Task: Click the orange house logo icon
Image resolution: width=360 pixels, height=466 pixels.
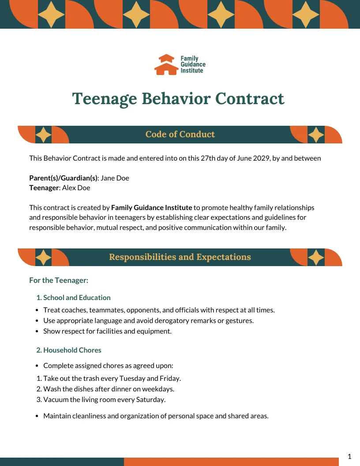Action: pos(166,64)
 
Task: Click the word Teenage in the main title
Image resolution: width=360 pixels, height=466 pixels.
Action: pos(105,99)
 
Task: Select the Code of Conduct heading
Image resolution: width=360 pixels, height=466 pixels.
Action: pos(180,135)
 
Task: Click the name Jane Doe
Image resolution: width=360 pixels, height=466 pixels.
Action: pos(115,178)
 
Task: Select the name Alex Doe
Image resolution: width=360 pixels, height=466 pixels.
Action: pos(76,188)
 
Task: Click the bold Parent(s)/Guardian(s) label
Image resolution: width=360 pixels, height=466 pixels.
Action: pos(63,178)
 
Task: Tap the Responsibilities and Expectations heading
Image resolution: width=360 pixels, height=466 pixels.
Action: pos(180,257)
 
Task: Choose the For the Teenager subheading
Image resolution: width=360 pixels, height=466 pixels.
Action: pos(59,280)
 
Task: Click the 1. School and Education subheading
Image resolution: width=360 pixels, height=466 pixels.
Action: pos(73,298)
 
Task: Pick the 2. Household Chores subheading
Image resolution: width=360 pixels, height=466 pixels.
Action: pos(69,350)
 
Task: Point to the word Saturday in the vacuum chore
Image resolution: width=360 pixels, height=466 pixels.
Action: pos(150,400)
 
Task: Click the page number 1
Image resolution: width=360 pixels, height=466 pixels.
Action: pos(349,457)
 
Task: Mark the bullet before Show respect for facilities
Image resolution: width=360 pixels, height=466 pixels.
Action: pos(38,331)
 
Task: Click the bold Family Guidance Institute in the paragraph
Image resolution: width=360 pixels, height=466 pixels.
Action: pos(152,207)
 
